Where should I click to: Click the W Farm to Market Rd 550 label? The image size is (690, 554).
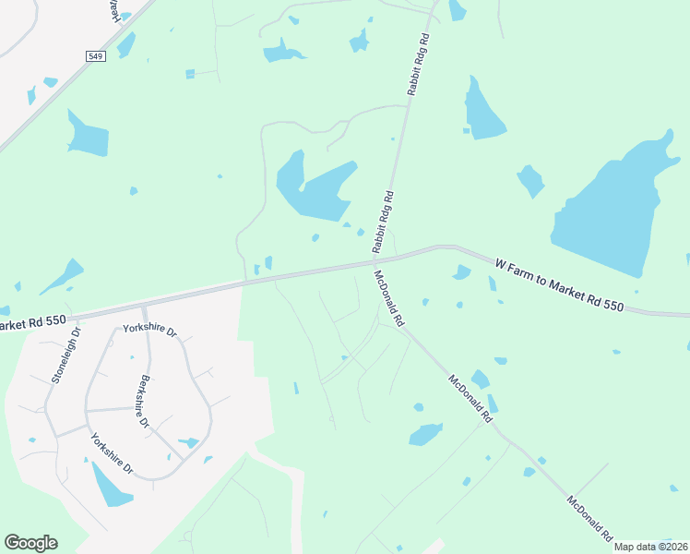click(560, 284)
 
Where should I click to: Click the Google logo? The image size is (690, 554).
click(31, 543)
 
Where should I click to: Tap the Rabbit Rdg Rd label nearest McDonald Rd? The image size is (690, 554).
click(383, 223)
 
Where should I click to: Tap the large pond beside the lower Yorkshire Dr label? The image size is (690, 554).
click(112, 484)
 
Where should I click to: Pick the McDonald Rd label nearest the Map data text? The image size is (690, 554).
click(590, 519)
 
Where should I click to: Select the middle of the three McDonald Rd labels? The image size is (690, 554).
click(470, 398)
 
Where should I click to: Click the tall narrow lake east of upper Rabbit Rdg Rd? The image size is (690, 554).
click(482, 111)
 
